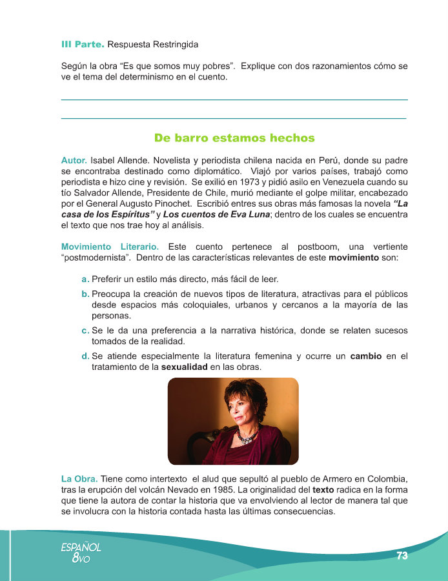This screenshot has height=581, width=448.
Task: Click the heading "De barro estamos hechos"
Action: tap(234, 138)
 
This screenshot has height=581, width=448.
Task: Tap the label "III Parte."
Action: tap(82, 45)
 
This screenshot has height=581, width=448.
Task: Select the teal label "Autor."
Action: tap(74, 159)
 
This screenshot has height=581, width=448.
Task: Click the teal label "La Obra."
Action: tap(79, 479)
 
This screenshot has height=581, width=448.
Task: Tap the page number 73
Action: tap(402, 556)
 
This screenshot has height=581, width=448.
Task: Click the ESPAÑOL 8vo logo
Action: tap(81, 552)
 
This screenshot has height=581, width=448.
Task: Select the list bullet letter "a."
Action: tap(85, 280)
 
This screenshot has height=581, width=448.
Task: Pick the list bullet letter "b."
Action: tap(85, 294)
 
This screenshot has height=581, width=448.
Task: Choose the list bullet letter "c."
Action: tap(85, 331)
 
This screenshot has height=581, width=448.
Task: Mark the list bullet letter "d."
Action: tap(85, 356)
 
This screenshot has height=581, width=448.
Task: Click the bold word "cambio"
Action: tap(367, 356)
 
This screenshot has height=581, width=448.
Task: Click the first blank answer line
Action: tap(234, 99)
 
